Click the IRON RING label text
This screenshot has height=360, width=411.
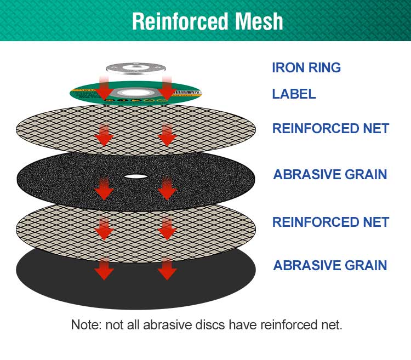306,68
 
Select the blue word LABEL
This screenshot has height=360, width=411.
294,94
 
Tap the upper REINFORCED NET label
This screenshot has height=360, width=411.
330,129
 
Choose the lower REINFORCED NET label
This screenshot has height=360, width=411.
330,222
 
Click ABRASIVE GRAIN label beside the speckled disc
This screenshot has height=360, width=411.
330,175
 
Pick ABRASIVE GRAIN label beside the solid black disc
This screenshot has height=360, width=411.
330,266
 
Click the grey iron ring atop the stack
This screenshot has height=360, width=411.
135,69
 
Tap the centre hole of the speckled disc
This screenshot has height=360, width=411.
135,176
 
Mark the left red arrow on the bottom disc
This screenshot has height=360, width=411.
104,268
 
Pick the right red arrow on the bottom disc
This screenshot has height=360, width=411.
167,268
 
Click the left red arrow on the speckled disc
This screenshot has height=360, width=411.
104,188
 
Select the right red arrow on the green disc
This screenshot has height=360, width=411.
167,88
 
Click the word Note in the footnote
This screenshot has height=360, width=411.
85,324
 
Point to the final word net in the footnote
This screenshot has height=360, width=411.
332,324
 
